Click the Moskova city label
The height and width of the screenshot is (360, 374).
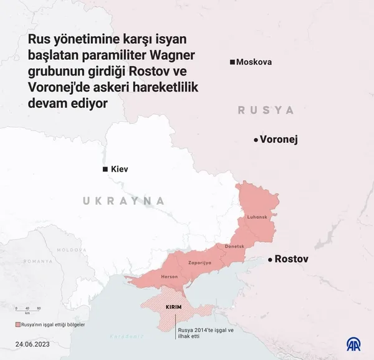click(x=254, y=62)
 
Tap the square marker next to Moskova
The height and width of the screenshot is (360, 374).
click(x=233, y=62)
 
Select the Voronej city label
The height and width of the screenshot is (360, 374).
click(x=279, y=140)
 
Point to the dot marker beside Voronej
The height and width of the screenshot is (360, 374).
click(x=256, y=140)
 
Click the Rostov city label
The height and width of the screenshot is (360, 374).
click(x=292, y=259)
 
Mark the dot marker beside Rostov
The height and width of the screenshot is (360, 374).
click(x=270, y=260)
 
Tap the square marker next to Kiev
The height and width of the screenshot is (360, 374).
click(x=106, y=170)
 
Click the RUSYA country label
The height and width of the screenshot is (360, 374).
click(x=266, y=110)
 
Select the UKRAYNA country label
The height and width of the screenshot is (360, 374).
click(x=124, y=201)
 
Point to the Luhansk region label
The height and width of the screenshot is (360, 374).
click(x=257, y=216)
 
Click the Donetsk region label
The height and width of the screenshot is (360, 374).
click(x=234, y=247)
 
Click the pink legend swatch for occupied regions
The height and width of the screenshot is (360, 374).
click(x=18, y=325)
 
